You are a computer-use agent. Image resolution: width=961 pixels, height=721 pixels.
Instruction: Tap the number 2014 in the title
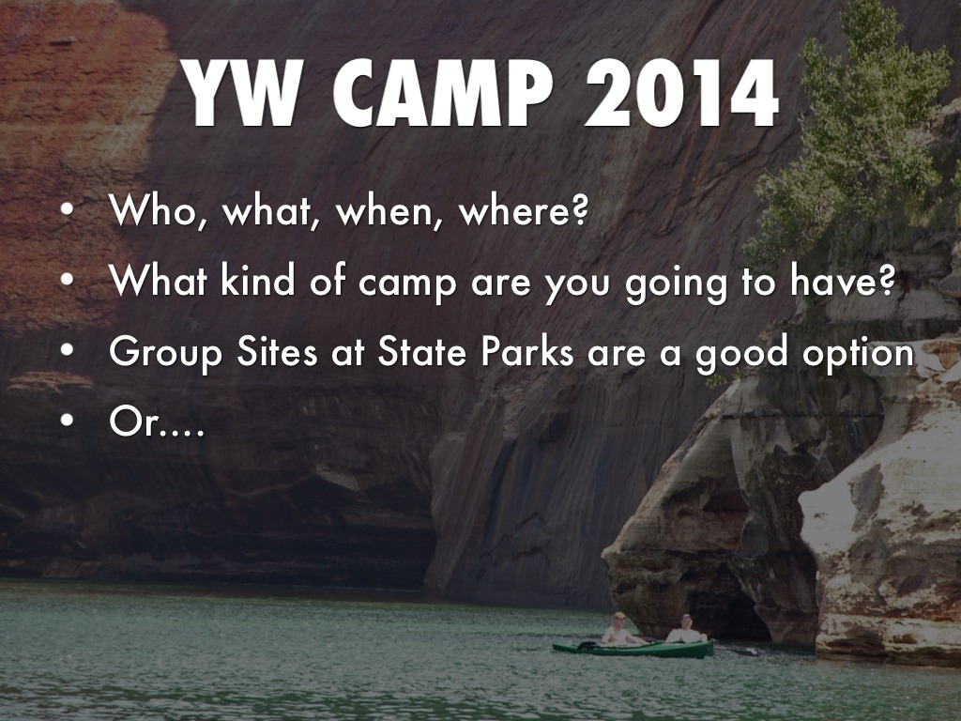681,93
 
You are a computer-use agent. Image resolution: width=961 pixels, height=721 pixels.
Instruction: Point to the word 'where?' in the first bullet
524,210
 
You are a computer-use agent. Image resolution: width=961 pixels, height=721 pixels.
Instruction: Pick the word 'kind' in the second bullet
257,280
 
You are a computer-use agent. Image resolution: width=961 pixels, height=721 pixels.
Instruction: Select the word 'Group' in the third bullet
165,354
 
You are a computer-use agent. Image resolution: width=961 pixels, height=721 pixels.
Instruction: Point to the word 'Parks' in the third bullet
527,351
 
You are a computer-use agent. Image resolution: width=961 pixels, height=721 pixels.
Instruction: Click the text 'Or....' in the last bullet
157,422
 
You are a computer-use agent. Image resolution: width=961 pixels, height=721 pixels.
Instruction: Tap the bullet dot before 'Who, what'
68,209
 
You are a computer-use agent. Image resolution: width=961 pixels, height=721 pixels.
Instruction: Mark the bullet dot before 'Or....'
68,421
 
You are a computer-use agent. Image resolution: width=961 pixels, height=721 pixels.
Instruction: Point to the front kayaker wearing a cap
619,630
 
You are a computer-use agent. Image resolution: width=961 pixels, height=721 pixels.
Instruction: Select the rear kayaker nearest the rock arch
686,630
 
